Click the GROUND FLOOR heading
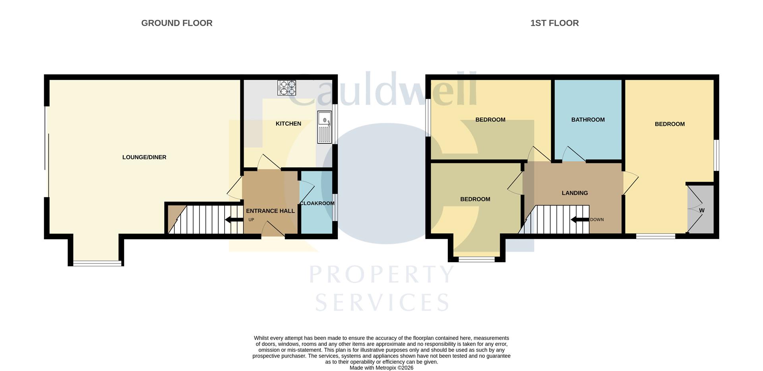click(177, 23)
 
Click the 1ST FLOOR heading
click(554, 23)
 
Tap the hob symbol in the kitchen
click(287, 88)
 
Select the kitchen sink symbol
click(324, 127)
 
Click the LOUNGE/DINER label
click(144, 157)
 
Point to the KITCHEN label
click(288, 124)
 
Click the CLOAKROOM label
click(317, 203)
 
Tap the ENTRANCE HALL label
click(270, 211)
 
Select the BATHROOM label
click(588, 120)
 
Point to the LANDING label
click(575, 193)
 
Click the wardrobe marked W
click(701, 210)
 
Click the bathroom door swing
click(573, 154)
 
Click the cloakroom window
click(335, 207)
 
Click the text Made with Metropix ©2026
click(381, 368)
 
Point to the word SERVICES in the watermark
click(382, 303)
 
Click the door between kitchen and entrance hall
click(269, 162)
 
